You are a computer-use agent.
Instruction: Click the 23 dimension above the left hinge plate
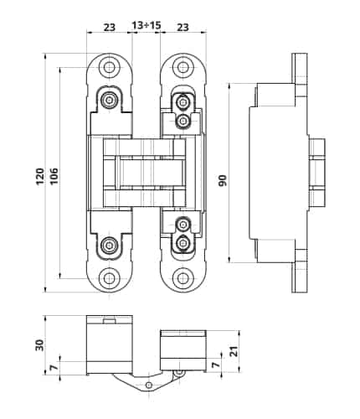108,27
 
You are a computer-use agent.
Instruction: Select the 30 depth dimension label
39,344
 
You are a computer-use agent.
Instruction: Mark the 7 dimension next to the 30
54,368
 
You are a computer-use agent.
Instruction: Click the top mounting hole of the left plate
109,68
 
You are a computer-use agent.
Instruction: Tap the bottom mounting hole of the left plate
109,278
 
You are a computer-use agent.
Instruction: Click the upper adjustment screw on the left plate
109,101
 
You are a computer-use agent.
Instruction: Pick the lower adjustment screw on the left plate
109,246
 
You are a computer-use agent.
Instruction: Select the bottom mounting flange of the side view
298,277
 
